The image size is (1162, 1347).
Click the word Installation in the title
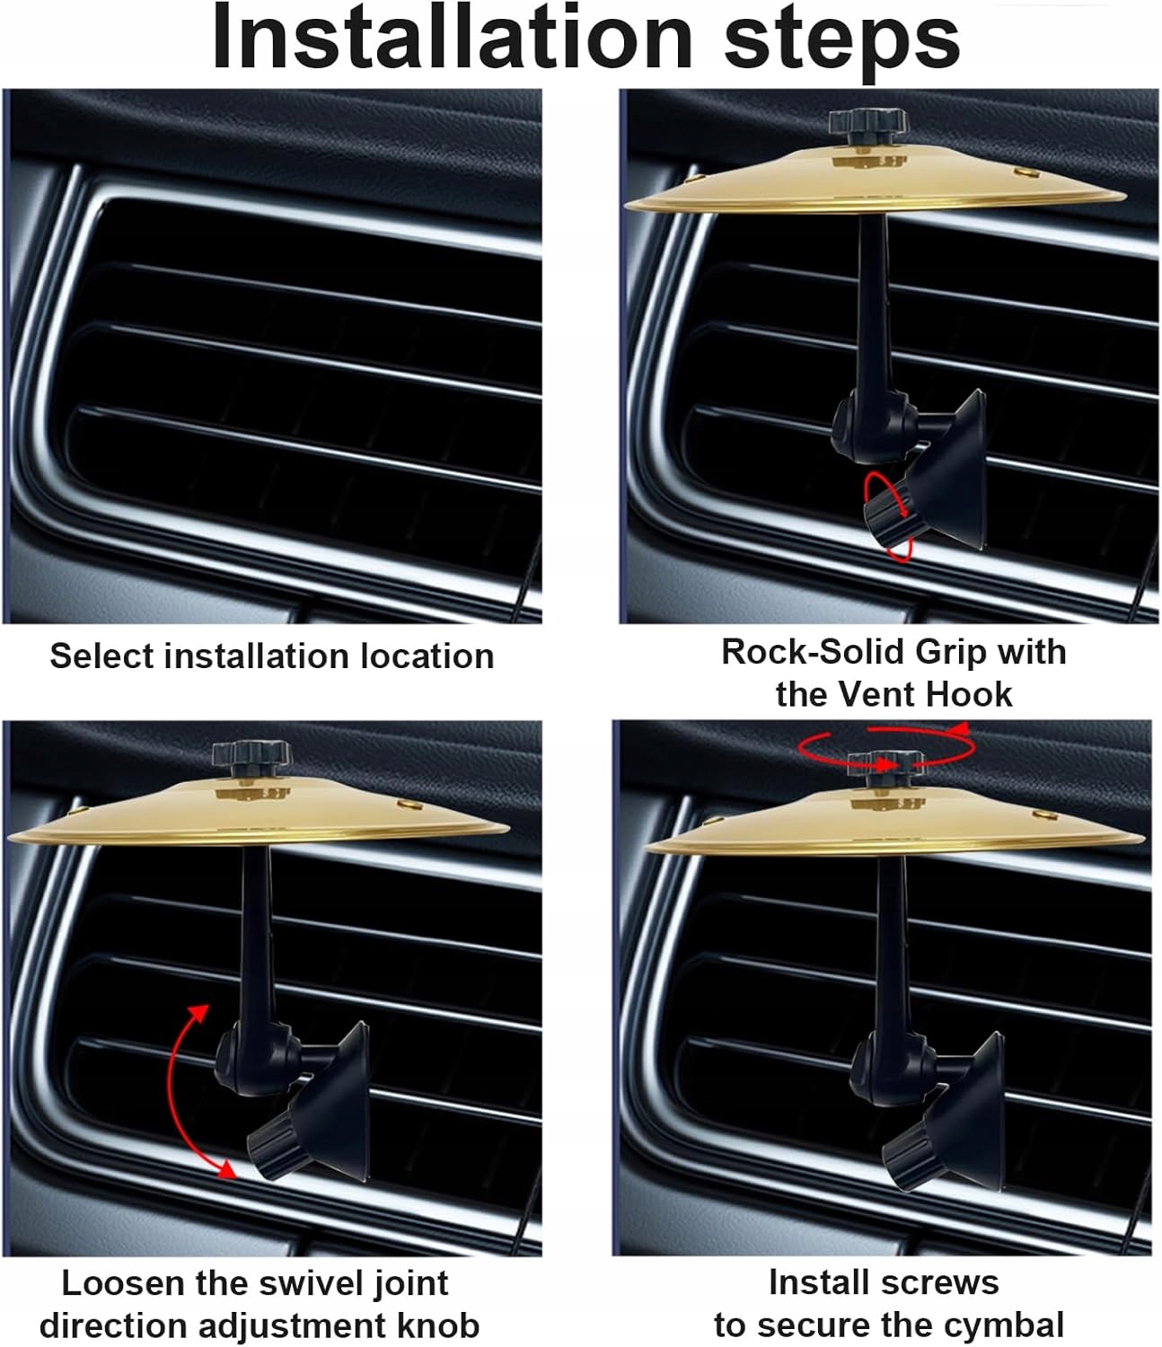[452, 37]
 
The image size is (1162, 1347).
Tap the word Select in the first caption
[101, 656]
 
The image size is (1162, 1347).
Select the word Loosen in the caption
[124, 1284]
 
